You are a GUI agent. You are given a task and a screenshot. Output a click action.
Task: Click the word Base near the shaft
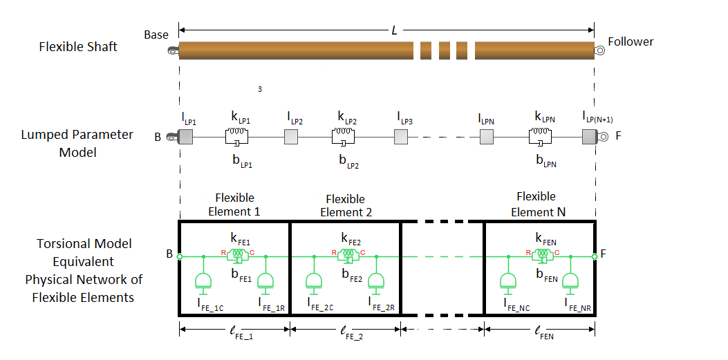[156, 35]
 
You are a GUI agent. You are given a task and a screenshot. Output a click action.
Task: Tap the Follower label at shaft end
[630, 41]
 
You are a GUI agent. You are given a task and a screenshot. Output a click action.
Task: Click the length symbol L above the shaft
[393, 30]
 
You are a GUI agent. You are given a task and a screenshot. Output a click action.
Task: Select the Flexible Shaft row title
[78, 47]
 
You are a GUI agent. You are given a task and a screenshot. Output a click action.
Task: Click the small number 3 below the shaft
[260, 89]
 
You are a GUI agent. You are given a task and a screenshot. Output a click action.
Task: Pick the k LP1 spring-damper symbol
[236, 137]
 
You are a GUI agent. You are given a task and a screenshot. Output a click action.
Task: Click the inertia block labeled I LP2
[290, 137]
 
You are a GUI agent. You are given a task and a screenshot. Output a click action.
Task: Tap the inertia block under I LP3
[401, 137]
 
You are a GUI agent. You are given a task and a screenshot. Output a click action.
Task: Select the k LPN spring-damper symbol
[539, 137]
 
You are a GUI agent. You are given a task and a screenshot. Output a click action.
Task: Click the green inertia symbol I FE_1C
[203, 280]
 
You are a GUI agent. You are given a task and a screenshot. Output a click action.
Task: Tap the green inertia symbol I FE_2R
[376, 280]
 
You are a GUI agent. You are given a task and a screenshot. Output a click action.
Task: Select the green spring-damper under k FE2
[348, 256]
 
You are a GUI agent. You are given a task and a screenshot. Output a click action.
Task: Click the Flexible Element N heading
[536, 205]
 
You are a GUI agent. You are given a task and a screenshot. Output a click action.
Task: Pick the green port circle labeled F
[595, 256]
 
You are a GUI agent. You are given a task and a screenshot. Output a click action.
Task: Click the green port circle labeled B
[180, 256]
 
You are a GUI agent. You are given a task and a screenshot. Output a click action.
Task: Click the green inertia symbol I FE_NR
[570, 280]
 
